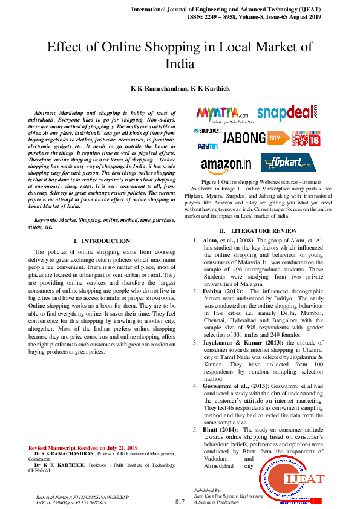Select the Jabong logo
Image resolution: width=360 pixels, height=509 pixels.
click(244, 138)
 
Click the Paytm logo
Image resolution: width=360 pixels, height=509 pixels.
click(208, 146)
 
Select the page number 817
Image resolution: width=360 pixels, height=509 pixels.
click(179, 502)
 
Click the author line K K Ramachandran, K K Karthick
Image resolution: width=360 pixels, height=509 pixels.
click(180, 88)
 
